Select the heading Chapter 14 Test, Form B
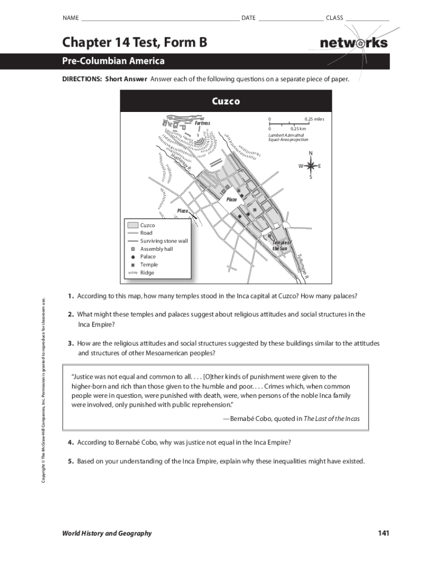(135, 42)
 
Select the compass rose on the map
(310, 166)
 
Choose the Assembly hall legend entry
(156, 249)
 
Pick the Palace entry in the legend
(148, 256)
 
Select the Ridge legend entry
(147, 273)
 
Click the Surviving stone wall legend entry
(164, 241)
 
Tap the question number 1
(71, 296)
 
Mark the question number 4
(71, 442)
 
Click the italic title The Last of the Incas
(331, 419)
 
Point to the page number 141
(383, 533)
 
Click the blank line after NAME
(159, 18)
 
